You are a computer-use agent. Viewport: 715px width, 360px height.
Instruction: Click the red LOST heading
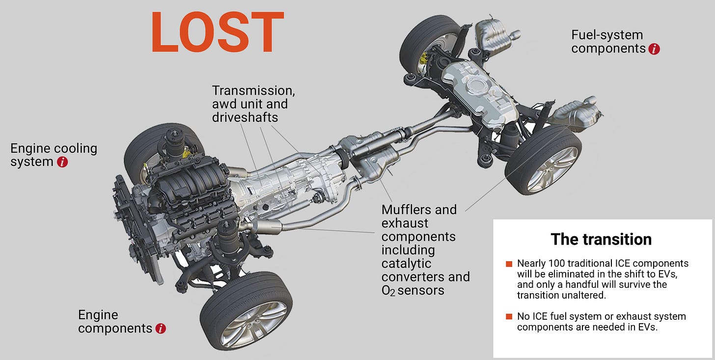coord(218,32)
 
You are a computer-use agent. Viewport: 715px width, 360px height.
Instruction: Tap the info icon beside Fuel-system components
coord(654,49)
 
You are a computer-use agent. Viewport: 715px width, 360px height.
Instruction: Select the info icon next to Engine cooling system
coord(62,162)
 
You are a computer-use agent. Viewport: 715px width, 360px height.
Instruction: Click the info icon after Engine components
coord(161,329)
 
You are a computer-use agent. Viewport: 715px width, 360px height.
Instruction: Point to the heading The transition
coord(601,239)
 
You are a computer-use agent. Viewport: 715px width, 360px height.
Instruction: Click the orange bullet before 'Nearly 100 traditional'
coord(509,264)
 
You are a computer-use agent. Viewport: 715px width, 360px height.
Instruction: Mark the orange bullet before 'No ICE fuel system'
coord(509,317)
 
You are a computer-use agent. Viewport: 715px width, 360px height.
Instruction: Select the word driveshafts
coord(245,117)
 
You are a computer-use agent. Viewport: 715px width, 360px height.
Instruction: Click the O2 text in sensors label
coord(388,290)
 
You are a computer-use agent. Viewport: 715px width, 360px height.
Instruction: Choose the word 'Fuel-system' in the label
coord(607,35)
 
